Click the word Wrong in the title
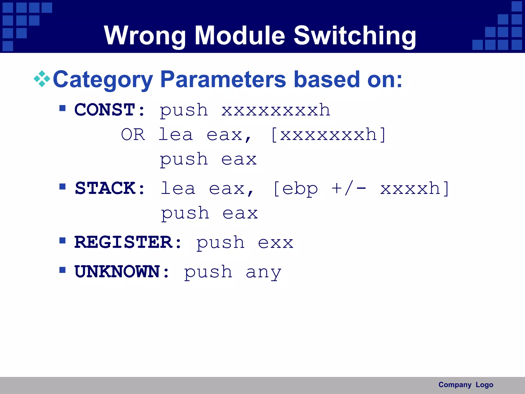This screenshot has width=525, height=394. click(x=145, y=36)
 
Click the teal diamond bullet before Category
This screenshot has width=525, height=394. click(x=42, y=79)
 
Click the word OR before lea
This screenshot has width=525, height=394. click(x=133, y=135)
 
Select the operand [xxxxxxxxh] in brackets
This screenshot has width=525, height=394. click(x=328, y=135)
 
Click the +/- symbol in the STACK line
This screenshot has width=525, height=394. click(x=349, y=189)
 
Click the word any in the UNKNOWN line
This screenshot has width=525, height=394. click(x=264, y=273)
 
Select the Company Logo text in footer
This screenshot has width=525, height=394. click(x=466, y=385)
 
